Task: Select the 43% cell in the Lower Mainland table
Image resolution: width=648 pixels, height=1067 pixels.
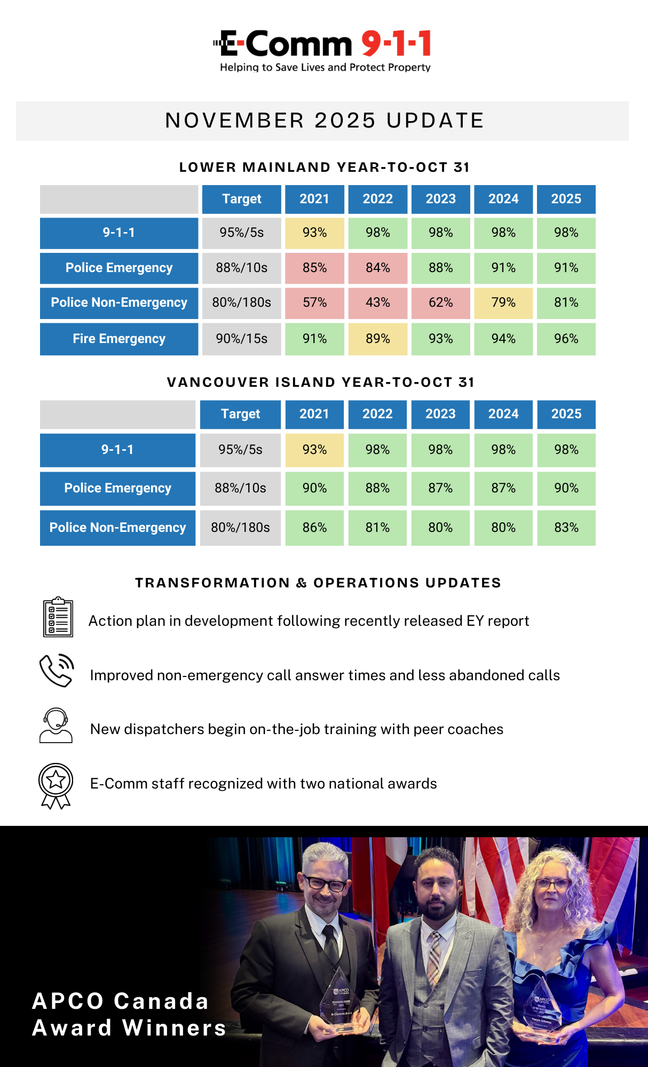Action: coord(377,302)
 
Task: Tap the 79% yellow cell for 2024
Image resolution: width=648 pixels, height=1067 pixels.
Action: coord(503,302)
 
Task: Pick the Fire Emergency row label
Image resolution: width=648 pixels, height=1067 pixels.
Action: coord(119,339)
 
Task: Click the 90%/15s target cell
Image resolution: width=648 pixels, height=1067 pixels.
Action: coord(241,339)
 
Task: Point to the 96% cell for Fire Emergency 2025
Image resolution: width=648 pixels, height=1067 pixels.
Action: coord(566,339)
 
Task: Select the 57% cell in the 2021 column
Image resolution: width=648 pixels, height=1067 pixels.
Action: coord(314,302)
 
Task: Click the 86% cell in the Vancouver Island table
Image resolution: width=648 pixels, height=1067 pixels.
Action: coord(314,528)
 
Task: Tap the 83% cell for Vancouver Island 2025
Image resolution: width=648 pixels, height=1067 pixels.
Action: coord(566,528)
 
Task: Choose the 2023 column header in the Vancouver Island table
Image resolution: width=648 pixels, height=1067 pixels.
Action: coord(440,414)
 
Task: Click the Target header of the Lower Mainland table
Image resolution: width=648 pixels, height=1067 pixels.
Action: coord(241,199)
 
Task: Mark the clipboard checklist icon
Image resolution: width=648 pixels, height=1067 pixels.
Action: coord(58,617)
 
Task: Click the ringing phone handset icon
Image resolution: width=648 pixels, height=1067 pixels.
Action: coord(56,670)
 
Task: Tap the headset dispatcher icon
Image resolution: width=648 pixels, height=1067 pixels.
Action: coord(56,726)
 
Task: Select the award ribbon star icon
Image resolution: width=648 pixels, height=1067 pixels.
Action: coord(56,785)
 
